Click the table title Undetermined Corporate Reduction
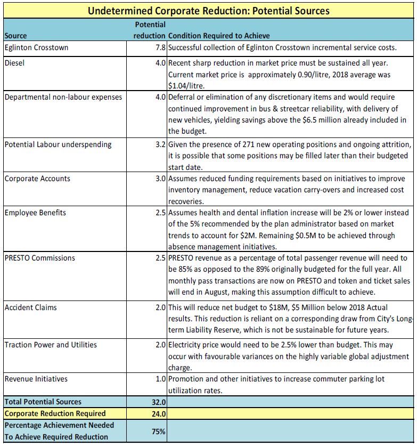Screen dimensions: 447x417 pos(208,11)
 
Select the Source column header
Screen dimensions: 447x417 pos(16,36)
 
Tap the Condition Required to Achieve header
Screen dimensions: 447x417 pos(218,36)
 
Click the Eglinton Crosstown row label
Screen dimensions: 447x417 pos(36,47)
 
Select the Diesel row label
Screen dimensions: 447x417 pos(15,62)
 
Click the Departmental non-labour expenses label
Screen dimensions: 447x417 pos(63,97)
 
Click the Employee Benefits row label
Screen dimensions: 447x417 pos(35,213)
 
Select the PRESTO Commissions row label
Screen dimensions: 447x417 pos(40,258)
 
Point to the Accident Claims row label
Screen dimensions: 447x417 pos(31,307)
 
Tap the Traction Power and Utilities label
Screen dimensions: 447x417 pos(51,345)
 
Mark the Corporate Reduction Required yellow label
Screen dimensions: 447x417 pos(55,413)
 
